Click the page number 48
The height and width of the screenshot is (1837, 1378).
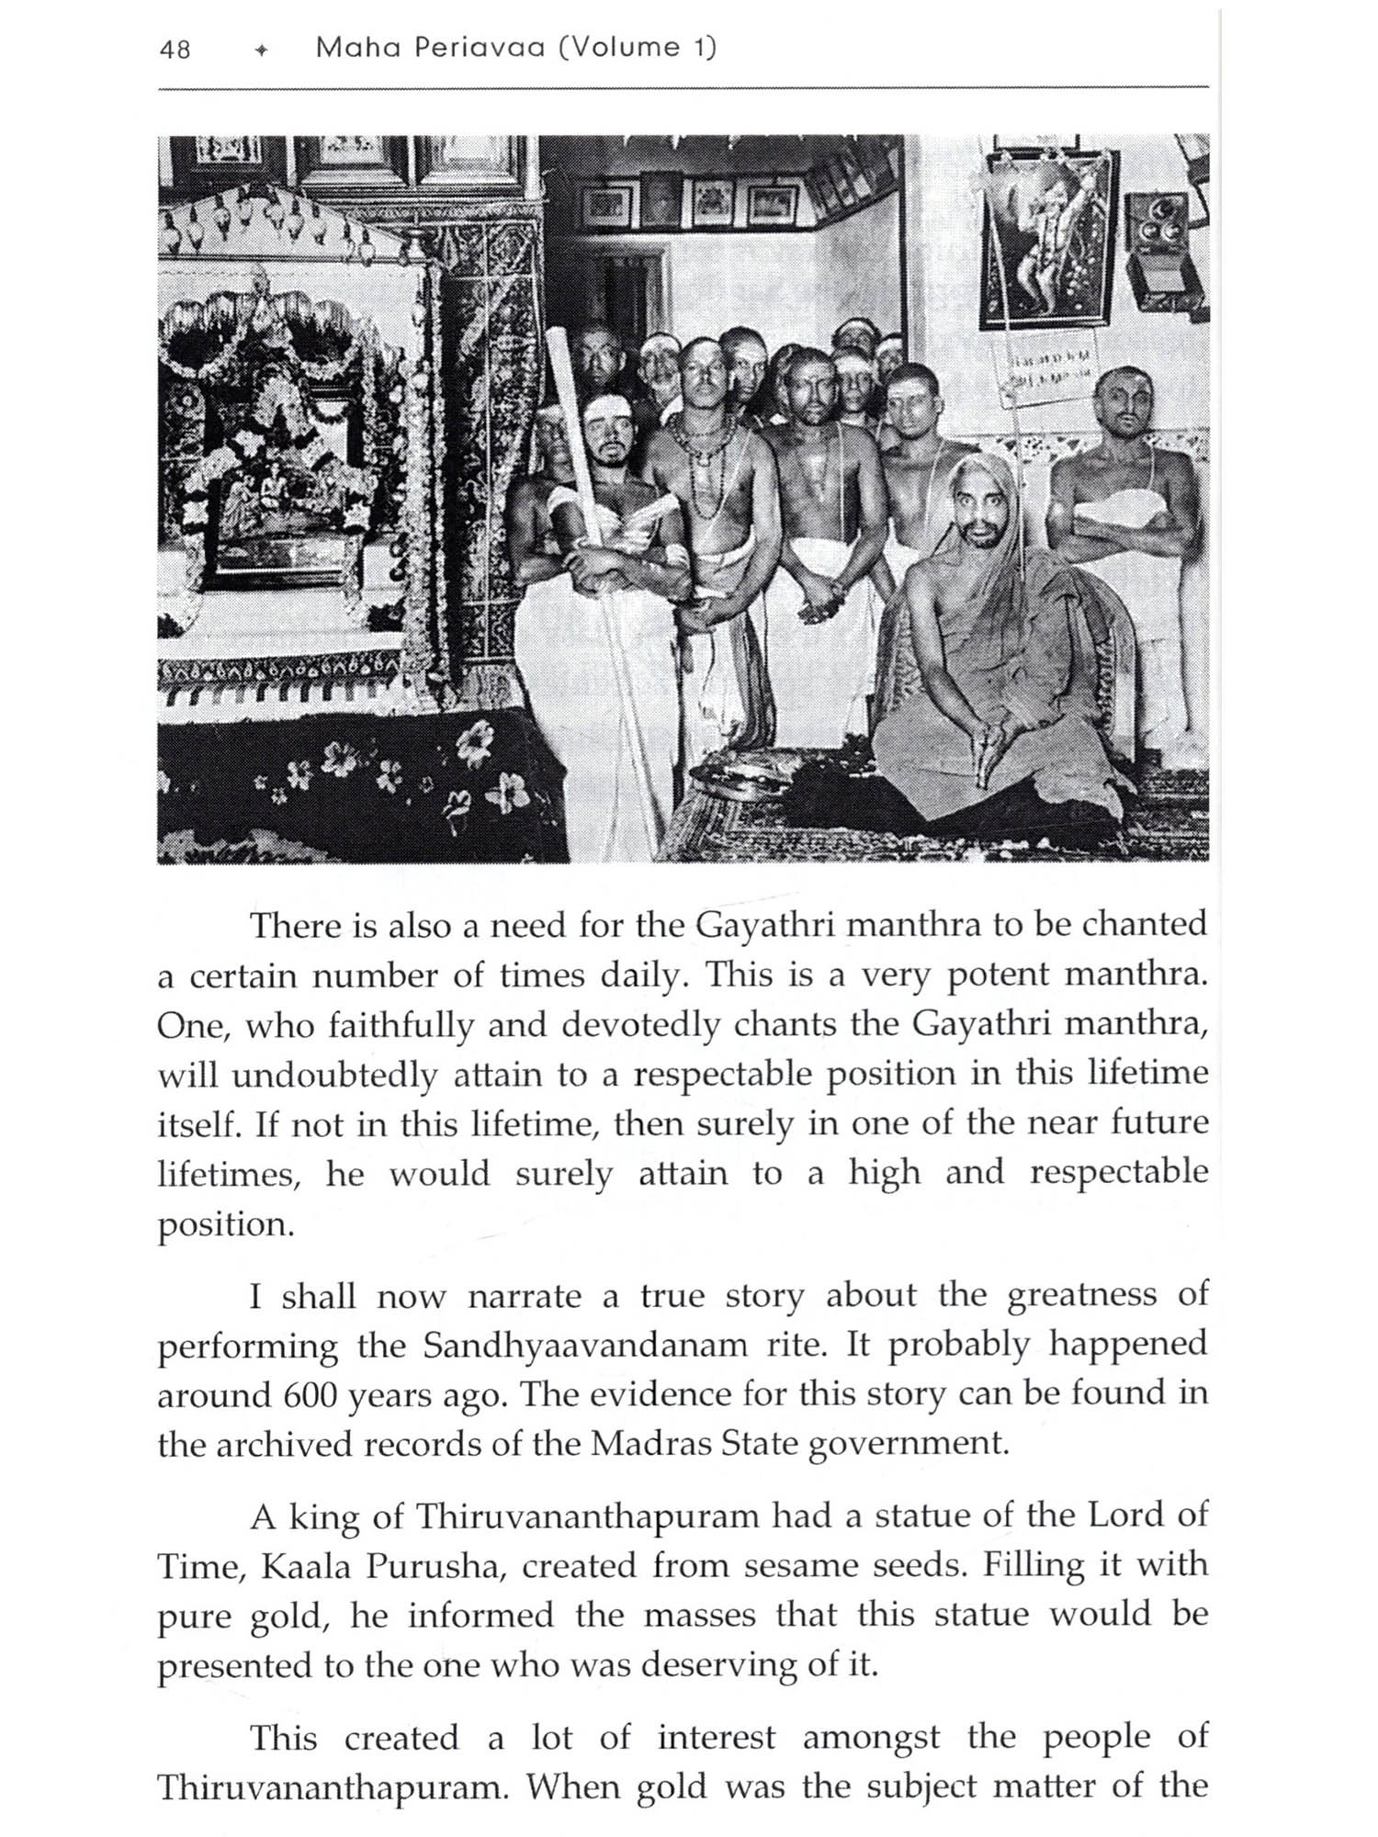pos(175,49)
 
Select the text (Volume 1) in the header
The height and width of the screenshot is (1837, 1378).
pos(637,48)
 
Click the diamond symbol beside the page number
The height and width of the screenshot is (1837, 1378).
pos(261,51)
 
